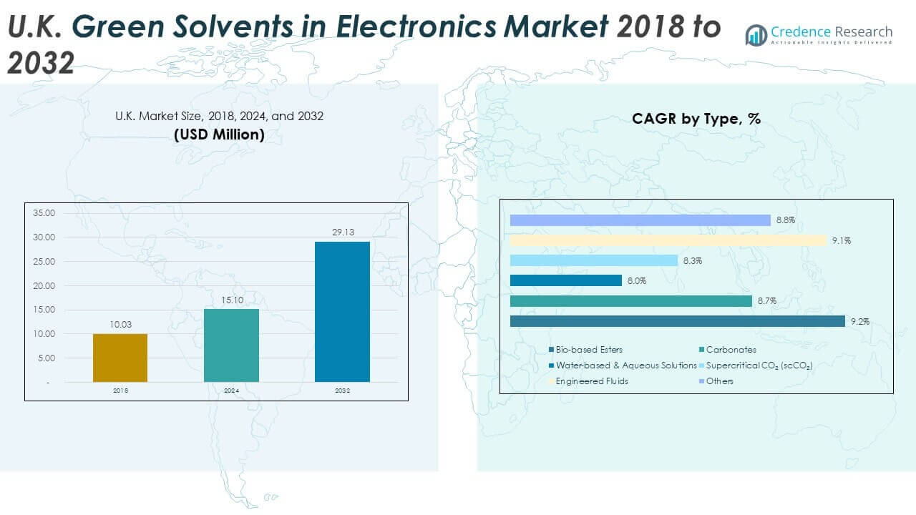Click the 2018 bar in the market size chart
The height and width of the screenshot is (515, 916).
(x=120, y=358)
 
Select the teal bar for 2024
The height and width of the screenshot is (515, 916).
(x=231, y=345)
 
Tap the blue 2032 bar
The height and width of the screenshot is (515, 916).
(x=342, y=311)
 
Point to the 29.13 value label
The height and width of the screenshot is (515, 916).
(x=343, y=232)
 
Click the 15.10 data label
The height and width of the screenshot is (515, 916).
(x=231, y=300)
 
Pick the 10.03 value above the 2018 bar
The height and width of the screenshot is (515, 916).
(x=120, y=325)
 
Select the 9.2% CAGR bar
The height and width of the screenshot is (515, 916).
(x=677, y=321)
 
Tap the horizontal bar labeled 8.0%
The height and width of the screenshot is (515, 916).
(x=565, y=280)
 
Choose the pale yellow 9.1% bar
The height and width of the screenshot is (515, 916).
(x=668, y=240)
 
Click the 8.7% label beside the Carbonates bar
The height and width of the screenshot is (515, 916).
(x=767, y=302)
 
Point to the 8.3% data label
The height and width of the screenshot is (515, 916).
(x=693, y=261)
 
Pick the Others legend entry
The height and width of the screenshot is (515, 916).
(x=718, y=381)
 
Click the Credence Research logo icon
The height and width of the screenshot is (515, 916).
(x=756, y=35)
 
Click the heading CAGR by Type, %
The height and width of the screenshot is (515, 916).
(x=696, y=119)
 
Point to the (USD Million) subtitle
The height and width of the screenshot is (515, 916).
(x=219, y=134)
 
